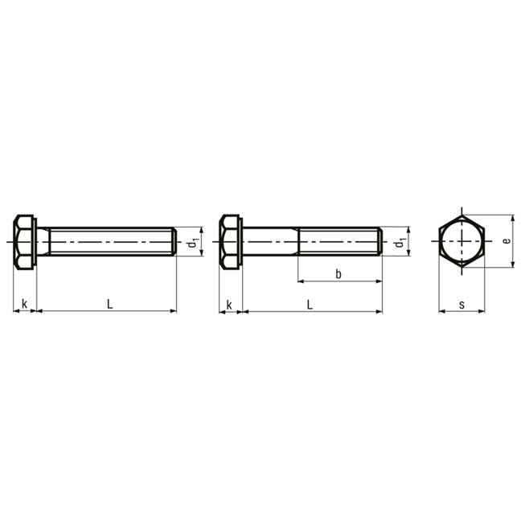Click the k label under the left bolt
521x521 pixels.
[x=24, y=303]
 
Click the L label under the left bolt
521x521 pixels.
[x=109, y=304]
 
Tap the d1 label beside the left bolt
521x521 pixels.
[x=193, y=243]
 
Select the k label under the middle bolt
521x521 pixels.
[x=229, y=305]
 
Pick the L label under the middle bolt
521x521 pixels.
[x=310, y=305]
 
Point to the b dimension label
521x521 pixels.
[x=338, y=274]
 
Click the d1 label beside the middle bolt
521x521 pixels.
[x=400, y=243]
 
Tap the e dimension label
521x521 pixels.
[x=507, y=240]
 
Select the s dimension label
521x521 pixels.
[x=462, y=305]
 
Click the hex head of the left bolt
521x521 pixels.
[x=24, y=242]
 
